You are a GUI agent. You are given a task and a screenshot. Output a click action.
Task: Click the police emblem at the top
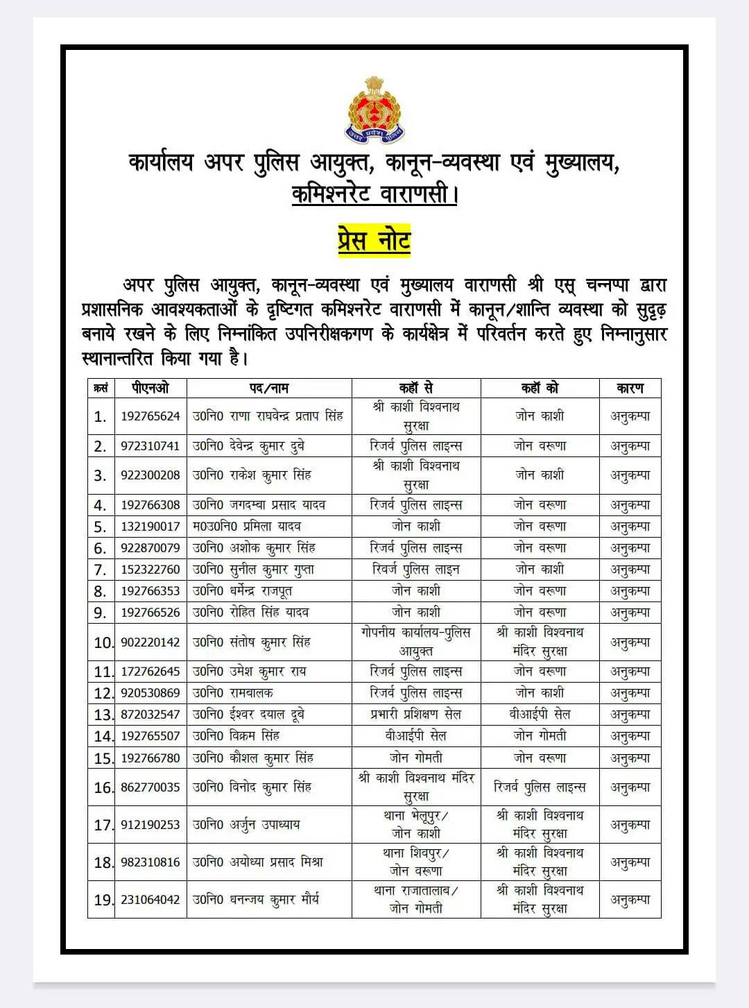pos(374,110)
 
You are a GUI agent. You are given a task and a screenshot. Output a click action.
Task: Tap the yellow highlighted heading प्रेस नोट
pos(374,241)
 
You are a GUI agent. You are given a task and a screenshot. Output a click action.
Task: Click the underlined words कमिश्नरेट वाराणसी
pos(374,194)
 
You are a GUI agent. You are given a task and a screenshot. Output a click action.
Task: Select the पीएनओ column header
pos(150,388)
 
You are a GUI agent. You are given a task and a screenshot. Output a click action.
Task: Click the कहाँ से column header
pos(416,388)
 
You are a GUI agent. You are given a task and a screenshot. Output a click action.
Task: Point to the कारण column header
pos(630,388)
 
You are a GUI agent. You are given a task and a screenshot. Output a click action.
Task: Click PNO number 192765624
pos(150,416)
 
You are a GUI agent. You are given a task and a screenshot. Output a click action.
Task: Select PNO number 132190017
pos(150,527)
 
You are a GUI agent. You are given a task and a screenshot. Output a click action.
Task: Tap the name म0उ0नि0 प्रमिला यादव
pos(247,527)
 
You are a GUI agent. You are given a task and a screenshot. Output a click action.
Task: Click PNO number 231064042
pos(150,900)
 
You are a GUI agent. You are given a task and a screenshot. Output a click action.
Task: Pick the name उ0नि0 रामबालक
pos(233,693)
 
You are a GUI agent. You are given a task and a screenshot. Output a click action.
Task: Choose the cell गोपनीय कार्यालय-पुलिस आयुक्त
pos(416,642)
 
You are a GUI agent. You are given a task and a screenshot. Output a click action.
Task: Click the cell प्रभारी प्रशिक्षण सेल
pos(416,715)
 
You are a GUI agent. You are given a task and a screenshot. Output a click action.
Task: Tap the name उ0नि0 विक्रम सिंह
pos(236,736)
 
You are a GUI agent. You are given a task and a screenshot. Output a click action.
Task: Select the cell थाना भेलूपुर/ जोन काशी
pos(416,824)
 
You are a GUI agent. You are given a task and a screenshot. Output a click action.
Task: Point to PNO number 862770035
pos(150,787)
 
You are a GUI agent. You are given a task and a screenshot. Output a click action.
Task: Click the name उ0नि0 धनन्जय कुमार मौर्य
pos(256,900)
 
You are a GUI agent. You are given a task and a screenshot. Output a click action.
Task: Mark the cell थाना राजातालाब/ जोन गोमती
pos(416,899)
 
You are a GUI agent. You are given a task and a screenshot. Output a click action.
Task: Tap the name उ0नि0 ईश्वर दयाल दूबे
pos(248,715)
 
